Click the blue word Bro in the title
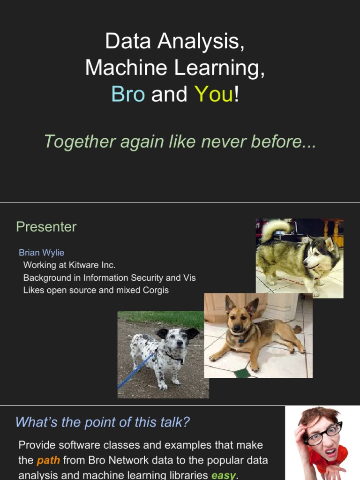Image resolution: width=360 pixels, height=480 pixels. click(x=128, y=94)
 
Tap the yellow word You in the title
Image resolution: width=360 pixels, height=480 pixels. click(x=214, y=94)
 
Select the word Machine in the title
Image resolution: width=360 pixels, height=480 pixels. click(x=127, y=68)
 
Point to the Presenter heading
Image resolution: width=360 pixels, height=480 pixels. click(x=46, y=227)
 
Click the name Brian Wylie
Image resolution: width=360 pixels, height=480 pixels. click(x=41, y=253)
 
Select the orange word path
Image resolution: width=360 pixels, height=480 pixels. click(x=48, y=460)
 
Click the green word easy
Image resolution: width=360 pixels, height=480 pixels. click(x=223, y=475)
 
